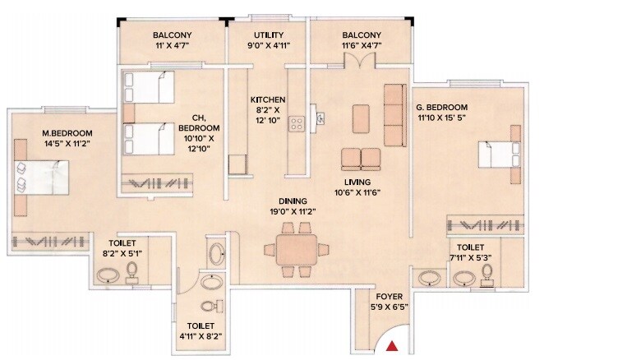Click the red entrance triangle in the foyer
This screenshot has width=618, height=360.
(393, 347)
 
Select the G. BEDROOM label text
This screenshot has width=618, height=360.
(441, 108)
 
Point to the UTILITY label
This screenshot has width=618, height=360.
(268, 35)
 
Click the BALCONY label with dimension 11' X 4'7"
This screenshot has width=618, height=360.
(172, 35)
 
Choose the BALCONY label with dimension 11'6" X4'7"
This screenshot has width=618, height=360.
(362, 35)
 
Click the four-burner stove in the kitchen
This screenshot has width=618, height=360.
(297, 124)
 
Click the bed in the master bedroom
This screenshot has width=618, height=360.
(41, 175)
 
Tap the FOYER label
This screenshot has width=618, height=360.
(390, 296)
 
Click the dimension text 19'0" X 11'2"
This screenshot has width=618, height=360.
(293, 211)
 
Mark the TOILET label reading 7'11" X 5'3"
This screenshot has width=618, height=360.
(470, 247)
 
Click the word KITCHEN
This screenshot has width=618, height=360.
(268, 99)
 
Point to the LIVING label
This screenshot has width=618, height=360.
(358, 182)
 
